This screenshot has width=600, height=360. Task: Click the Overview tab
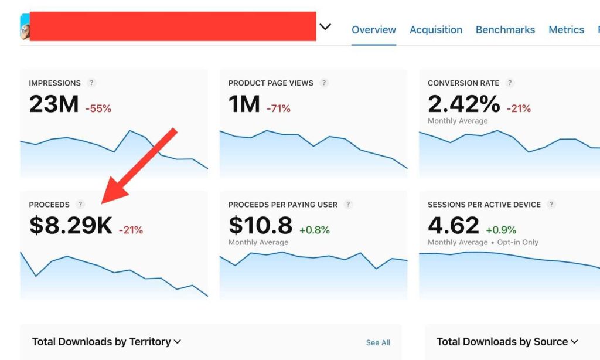pyautogui.click(x=374, y=30)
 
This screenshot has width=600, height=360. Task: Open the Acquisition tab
pyautogui.click(x=436, y=30)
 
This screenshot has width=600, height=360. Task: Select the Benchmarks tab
pyautogui.click(x=505, y=30)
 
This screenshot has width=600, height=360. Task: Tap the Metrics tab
pyautogui.click(x=566, y=30)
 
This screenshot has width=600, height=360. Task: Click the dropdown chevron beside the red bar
pyautogui.click(x=325, y=27)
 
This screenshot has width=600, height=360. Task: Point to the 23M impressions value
pyautogui.click(x=53, y=105)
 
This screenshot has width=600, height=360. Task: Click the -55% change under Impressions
pyautogui.click(x=98, y=108)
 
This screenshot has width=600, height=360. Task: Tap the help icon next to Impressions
pyautogui.click(x=91, y=83)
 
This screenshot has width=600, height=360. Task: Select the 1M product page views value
pyautogui.click(x=244, y=105)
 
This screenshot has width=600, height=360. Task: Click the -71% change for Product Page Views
pyautogui.click(x=278, y=108)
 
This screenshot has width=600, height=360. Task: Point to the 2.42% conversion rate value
pyautogui.click(x=464, y=105)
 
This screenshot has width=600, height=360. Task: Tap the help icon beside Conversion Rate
pyautogui.click(x=510, y=83)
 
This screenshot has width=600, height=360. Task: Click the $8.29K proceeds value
pyautogui.click(x=70, y=226)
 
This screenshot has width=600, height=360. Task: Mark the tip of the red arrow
pyautogui.click(x=103, y=203)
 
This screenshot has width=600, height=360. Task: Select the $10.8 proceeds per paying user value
pyautogui.click(x=260, y=226)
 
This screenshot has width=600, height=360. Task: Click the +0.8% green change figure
pyautogui.click(x=315, y=230)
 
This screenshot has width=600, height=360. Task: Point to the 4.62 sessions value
pyautogui.click(x=454, y=226)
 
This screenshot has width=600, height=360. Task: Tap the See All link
pyautogui.click(x=378, y=342)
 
